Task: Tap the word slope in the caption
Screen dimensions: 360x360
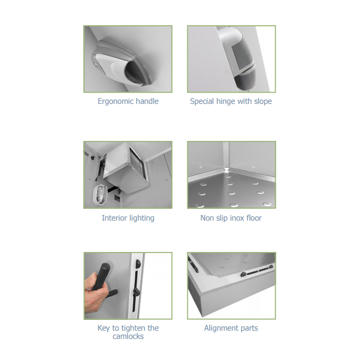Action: pyautogui.click(x=263, y=101)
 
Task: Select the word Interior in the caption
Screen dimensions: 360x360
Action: pyautogui.click(x=114, y=218)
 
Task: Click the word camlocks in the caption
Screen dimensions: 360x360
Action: pyautogui.click(x=128, y=336)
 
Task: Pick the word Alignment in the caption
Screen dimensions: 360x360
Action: pyautogui.click(x=221, y=328)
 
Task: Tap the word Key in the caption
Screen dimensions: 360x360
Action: pyautogui.click(x=104, y=328)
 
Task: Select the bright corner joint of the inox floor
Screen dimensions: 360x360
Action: pyautogui.click(x=227, y=170)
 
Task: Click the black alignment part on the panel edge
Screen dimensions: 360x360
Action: pyautogui.click(x=257, y=271)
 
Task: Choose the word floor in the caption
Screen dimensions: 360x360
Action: pyautogui.click(x=254, y=218)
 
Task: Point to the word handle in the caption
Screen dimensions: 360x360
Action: pyautogui.click(x=147, y=101)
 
